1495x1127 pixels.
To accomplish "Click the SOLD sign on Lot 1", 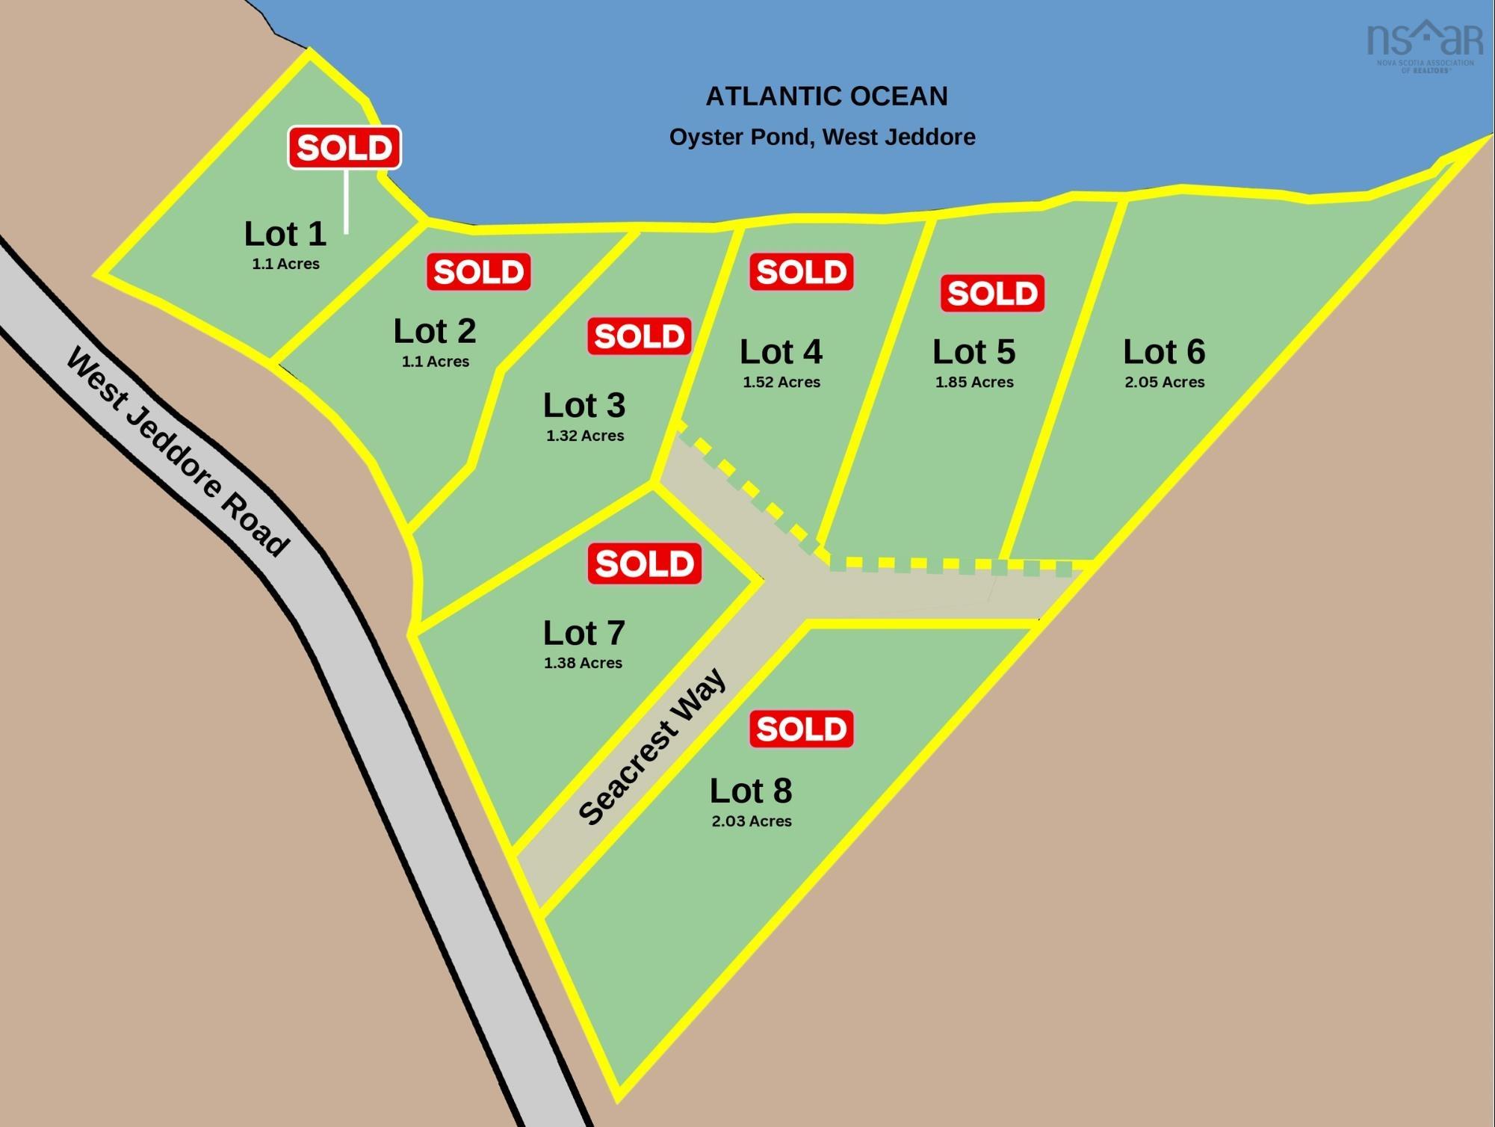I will (x=344, y=147).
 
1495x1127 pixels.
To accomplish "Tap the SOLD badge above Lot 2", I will (x=479, y=271).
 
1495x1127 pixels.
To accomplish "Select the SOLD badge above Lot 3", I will (x=640, y=336).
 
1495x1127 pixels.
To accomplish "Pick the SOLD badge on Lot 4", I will (x=802, y=271).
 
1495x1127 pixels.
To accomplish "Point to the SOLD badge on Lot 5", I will (x=992, y=293).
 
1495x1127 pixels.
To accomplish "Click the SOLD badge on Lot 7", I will (x=645, y=563).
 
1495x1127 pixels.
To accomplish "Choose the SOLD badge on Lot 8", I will (x=802, y=729).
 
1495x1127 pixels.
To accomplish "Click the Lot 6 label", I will (x=1164, y=352).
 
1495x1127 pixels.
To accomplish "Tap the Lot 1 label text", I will (x=285, y=234).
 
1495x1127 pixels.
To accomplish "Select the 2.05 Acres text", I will (x=1164, y=382).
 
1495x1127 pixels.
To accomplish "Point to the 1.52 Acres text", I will (x=781, y=382).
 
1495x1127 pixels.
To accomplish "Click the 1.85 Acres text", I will (x=974, y=382).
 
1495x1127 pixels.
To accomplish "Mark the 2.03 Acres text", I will (x=752, y=821).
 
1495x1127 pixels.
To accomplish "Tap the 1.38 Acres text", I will (x=583, y=662).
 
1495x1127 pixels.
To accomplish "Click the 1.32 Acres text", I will (x=585, y=436).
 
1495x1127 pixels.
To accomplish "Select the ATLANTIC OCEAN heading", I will (x=826, y=96).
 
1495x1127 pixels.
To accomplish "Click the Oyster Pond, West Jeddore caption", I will (x=822, y=137).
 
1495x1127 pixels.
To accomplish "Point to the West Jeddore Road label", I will (x=178, y=452).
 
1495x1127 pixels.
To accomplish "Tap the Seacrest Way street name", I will (x=651, y=747).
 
